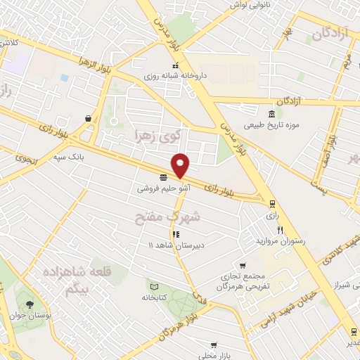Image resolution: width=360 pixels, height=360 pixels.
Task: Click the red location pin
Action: coord(181,165)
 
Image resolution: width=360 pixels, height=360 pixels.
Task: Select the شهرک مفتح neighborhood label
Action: coord(167,217)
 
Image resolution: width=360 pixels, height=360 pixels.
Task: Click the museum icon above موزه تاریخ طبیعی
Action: coord(271,115)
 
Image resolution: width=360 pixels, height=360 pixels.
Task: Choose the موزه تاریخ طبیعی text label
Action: coord(271,126)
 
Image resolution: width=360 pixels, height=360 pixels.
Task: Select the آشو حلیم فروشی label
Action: coord(162,188)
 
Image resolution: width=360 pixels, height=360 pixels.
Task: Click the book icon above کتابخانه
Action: coord(153,286)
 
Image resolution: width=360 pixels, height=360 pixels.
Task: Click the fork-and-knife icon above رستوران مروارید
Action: coord(280,230)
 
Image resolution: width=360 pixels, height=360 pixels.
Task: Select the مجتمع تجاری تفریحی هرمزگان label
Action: coord(243,281)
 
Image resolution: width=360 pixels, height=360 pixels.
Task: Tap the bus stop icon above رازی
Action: coord(272,204)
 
